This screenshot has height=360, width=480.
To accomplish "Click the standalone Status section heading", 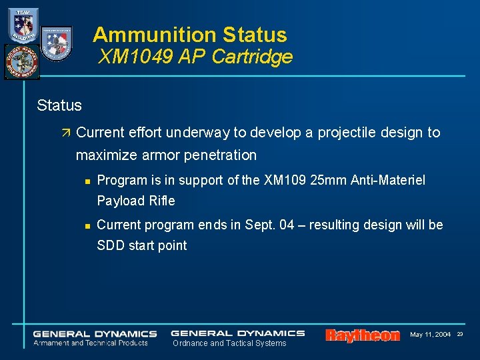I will click(x=59, y=105).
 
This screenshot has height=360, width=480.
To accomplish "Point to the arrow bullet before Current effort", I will click(x=65, y=133).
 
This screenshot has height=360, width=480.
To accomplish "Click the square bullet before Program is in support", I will click(x=87, y=181).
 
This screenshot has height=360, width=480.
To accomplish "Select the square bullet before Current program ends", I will click(x=87, y=225).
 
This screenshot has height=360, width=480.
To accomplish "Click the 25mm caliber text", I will click(x=329, y=180).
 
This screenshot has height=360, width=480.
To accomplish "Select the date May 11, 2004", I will click(x=430, y=334).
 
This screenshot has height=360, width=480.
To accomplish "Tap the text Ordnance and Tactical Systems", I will click(x=229, y=343).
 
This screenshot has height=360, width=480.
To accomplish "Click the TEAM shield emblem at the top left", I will click(x=23, y=25).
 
